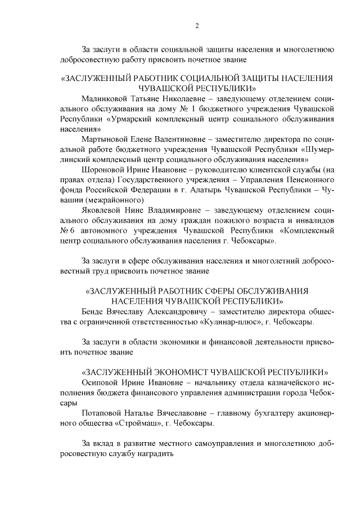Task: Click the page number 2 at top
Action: tap(197, 26)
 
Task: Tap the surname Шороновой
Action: tap(105, 170)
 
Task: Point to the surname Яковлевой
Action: tap(104, 211)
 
